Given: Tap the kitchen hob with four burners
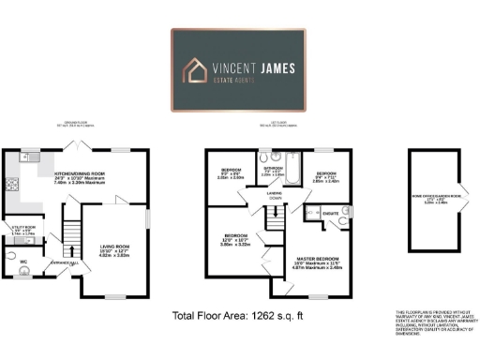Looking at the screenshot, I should tap(12, 174).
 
